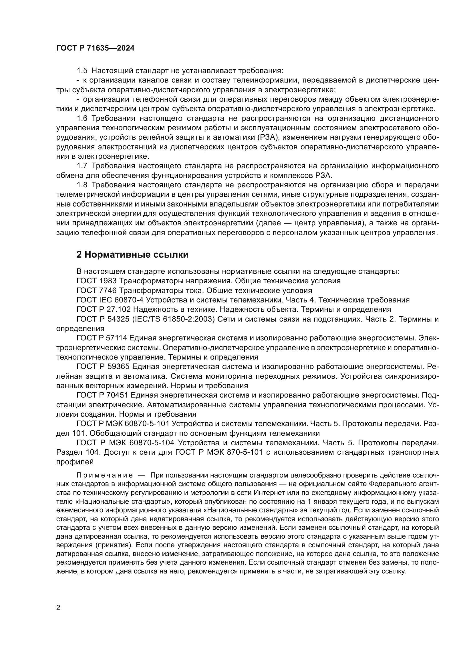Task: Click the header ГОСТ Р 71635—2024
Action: (95, 48)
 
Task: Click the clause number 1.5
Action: (82, 71)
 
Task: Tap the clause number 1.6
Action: (82, 119)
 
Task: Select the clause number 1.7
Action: (82, 166)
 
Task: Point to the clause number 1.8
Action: (82, 185)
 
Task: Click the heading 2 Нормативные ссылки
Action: (132, 254)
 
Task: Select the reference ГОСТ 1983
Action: (96, 281)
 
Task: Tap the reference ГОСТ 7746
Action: (96, 290)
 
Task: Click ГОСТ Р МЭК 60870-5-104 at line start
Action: (125, 443)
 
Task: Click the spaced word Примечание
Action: (105, 476)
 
